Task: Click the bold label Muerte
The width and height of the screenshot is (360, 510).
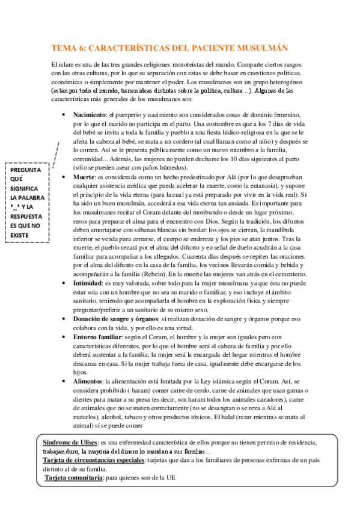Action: tap(84, 179)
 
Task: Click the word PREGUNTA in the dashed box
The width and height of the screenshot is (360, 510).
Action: tap(26, 170)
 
